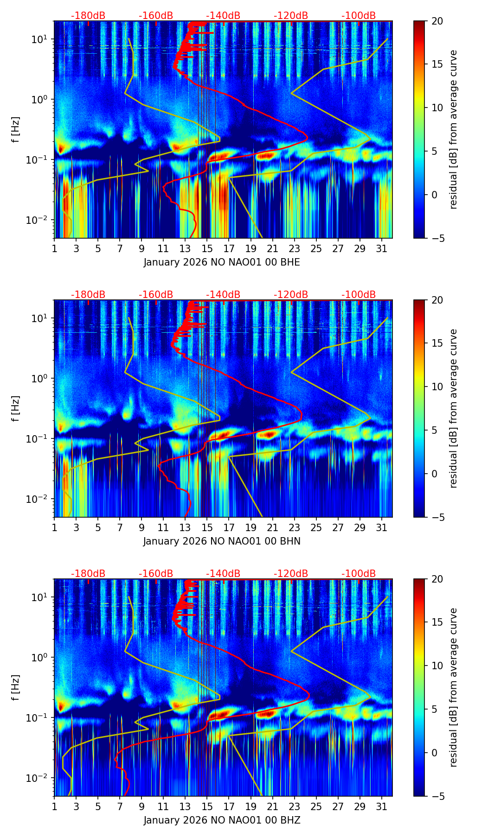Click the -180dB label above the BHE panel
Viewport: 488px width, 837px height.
pyautogui.click(x=88, y=16)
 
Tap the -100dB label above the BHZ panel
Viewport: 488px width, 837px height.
pyautogui.click(x=359, y=574)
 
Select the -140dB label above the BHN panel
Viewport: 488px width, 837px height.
pyautogui.click(x=223, y=295)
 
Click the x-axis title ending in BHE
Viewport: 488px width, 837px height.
pyautogui.click(x=222, y=262)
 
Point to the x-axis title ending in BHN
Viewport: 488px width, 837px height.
pyautogui.click(x=222, y=541)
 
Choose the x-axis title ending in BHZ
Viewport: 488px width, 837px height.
pyautogui.click(x=222, y=820)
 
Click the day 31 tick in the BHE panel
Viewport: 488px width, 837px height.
pyautogui.click(x=381, y=248)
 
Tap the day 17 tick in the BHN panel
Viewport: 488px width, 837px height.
pyautogui.click(x=229, y=527)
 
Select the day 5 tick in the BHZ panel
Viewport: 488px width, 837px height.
pyautogui.click(x=98, y=806)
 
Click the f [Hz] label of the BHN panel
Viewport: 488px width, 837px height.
pyautogui.click(x=16, y=408)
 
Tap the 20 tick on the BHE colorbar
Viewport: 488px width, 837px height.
pyautogui.click(x=437, y=21)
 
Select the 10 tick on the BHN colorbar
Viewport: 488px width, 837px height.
pyautogui.click(x=437, y=387)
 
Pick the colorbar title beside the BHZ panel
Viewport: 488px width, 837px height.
pyautogui.click(x=454, y=687)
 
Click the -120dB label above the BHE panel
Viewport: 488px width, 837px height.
pyautogui.click(x=291, y=16)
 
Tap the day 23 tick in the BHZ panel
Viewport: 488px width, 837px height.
pyautogui.click(x=294, y=806)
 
